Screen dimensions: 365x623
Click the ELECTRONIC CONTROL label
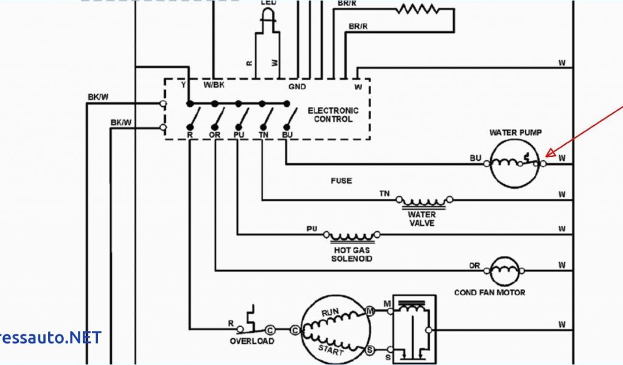(333, 115)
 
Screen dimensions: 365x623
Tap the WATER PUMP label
(515, 133)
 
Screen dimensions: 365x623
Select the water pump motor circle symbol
(515, 162)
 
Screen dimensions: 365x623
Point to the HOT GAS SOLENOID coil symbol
(351, 235)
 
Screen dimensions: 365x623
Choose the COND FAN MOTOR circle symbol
(506, 270)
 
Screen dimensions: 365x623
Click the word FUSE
(341, 181)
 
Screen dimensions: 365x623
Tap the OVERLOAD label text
(252, 341)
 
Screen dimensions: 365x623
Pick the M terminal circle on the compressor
(370, 311)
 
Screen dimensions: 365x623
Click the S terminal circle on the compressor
(370, 350)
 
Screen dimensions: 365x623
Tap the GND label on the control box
(297, 86)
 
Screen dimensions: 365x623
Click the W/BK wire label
(214, 85)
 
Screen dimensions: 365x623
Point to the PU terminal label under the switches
(238, 134)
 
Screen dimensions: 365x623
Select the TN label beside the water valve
(385, 193)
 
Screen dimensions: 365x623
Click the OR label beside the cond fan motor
(475, 265)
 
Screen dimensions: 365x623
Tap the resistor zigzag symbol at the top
(417, 9)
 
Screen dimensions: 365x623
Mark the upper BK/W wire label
(97, 97)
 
